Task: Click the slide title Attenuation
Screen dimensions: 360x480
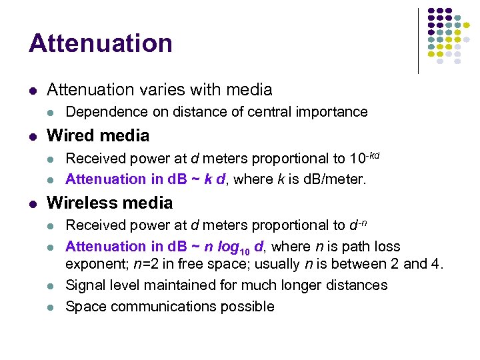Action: (x=101, y=43)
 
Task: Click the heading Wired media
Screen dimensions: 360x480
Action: (x=98, y=136)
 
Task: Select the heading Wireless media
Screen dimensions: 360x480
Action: (x=109, y=203)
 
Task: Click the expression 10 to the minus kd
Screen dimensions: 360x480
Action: (x=365, y=158)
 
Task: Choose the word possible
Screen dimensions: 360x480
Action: (x=249, y=307)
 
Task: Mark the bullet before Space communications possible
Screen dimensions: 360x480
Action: (x=53, y=307)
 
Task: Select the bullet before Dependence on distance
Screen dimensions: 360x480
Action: (x=53, y=113)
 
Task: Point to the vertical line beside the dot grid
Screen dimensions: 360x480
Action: (x=418, y=40)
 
